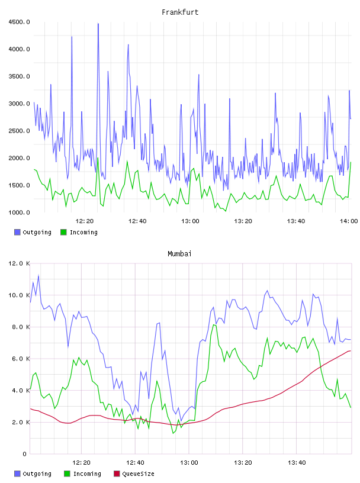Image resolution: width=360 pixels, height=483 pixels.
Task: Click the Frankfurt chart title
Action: (x=180, y=12)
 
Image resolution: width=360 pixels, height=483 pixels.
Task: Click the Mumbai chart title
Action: (x=179, y=254)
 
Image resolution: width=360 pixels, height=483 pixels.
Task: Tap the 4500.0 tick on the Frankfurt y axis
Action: (x=19, y=22)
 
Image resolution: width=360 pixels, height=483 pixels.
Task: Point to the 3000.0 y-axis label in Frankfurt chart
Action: (x=19, y=104)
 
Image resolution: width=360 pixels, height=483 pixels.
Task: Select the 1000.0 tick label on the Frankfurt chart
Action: (x=19, y=212)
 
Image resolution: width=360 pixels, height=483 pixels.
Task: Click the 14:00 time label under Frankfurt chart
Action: (x=349, y=221)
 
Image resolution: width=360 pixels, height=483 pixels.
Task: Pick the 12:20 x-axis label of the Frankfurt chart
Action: (x=85, y=221)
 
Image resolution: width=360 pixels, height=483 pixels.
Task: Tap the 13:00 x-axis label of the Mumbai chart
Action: (x=189, y=463)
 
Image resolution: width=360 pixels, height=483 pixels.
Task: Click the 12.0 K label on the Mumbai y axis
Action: (x=19, y=263)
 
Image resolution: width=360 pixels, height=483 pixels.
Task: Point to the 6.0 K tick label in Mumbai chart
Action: (x=21, y=359)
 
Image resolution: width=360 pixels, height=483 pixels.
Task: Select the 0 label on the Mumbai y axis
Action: (x=25, y=454)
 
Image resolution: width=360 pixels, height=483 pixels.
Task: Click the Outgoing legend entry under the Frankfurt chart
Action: (x=33, y=232)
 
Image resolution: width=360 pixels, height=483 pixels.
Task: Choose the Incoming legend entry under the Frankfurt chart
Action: (x=79, y=232)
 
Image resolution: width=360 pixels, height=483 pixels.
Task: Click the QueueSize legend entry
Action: (x=134, y=474)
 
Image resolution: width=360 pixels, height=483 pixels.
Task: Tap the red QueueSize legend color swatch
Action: (x=117, y=474)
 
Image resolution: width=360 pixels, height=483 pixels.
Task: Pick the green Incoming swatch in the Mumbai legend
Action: (x=67, y=474)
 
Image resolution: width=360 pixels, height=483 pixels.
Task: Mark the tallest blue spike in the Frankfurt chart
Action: (x=98, y=24)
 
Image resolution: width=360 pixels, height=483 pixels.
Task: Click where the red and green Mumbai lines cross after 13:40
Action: (x=321, y=366)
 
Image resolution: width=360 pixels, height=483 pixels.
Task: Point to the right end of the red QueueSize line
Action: (x=351, y=350)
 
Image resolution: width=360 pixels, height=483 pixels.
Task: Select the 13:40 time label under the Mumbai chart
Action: (x=297, y=463)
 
